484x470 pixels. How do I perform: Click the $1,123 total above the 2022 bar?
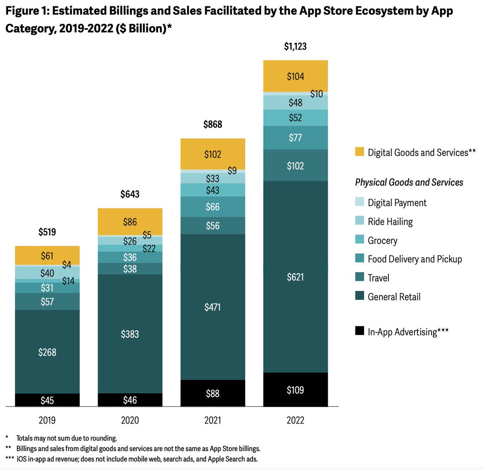coord(295,47)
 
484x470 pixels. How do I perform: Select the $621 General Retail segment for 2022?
coord(295,277)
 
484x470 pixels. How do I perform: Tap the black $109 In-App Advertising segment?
coord(295,390)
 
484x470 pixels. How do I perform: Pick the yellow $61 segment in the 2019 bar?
coord(47,256)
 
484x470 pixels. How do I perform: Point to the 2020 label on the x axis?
coord(130,420)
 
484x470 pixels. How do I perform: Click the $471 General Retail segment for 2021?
coord(213,307)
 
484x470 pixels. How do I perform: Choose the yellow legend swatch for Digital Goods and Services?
coord(359,152)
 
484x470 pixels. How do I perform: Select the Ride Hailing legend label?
coord(390,221)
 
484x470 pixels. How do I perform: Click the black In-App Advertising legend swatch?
coord(359,331)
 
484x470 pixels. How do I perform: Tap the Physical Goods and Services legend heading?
coord(409,182)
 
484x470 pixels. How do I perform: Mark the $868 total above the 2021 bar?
coord(213,124)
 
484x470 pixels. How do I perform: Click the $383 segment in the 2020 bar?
coord(130,334)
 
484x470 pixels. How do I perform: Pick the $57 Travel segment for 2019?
coord(47,301)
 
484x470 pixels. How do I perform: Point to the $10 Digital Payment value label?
coord(317,94)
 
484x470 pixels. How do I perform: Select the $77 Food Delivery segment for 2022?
coord(295,138)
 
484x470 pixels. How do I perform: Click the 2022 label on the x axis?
coord(295,420)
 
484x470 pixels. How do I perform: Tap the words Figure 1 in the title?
coord(26,11)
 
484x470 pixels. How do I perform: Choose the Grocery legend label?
coord(382,240)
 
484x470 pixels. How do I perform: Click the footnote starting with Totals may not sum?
coord(67,438)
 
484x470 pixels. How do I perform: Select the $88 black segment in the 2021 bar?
coord(213,393)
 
